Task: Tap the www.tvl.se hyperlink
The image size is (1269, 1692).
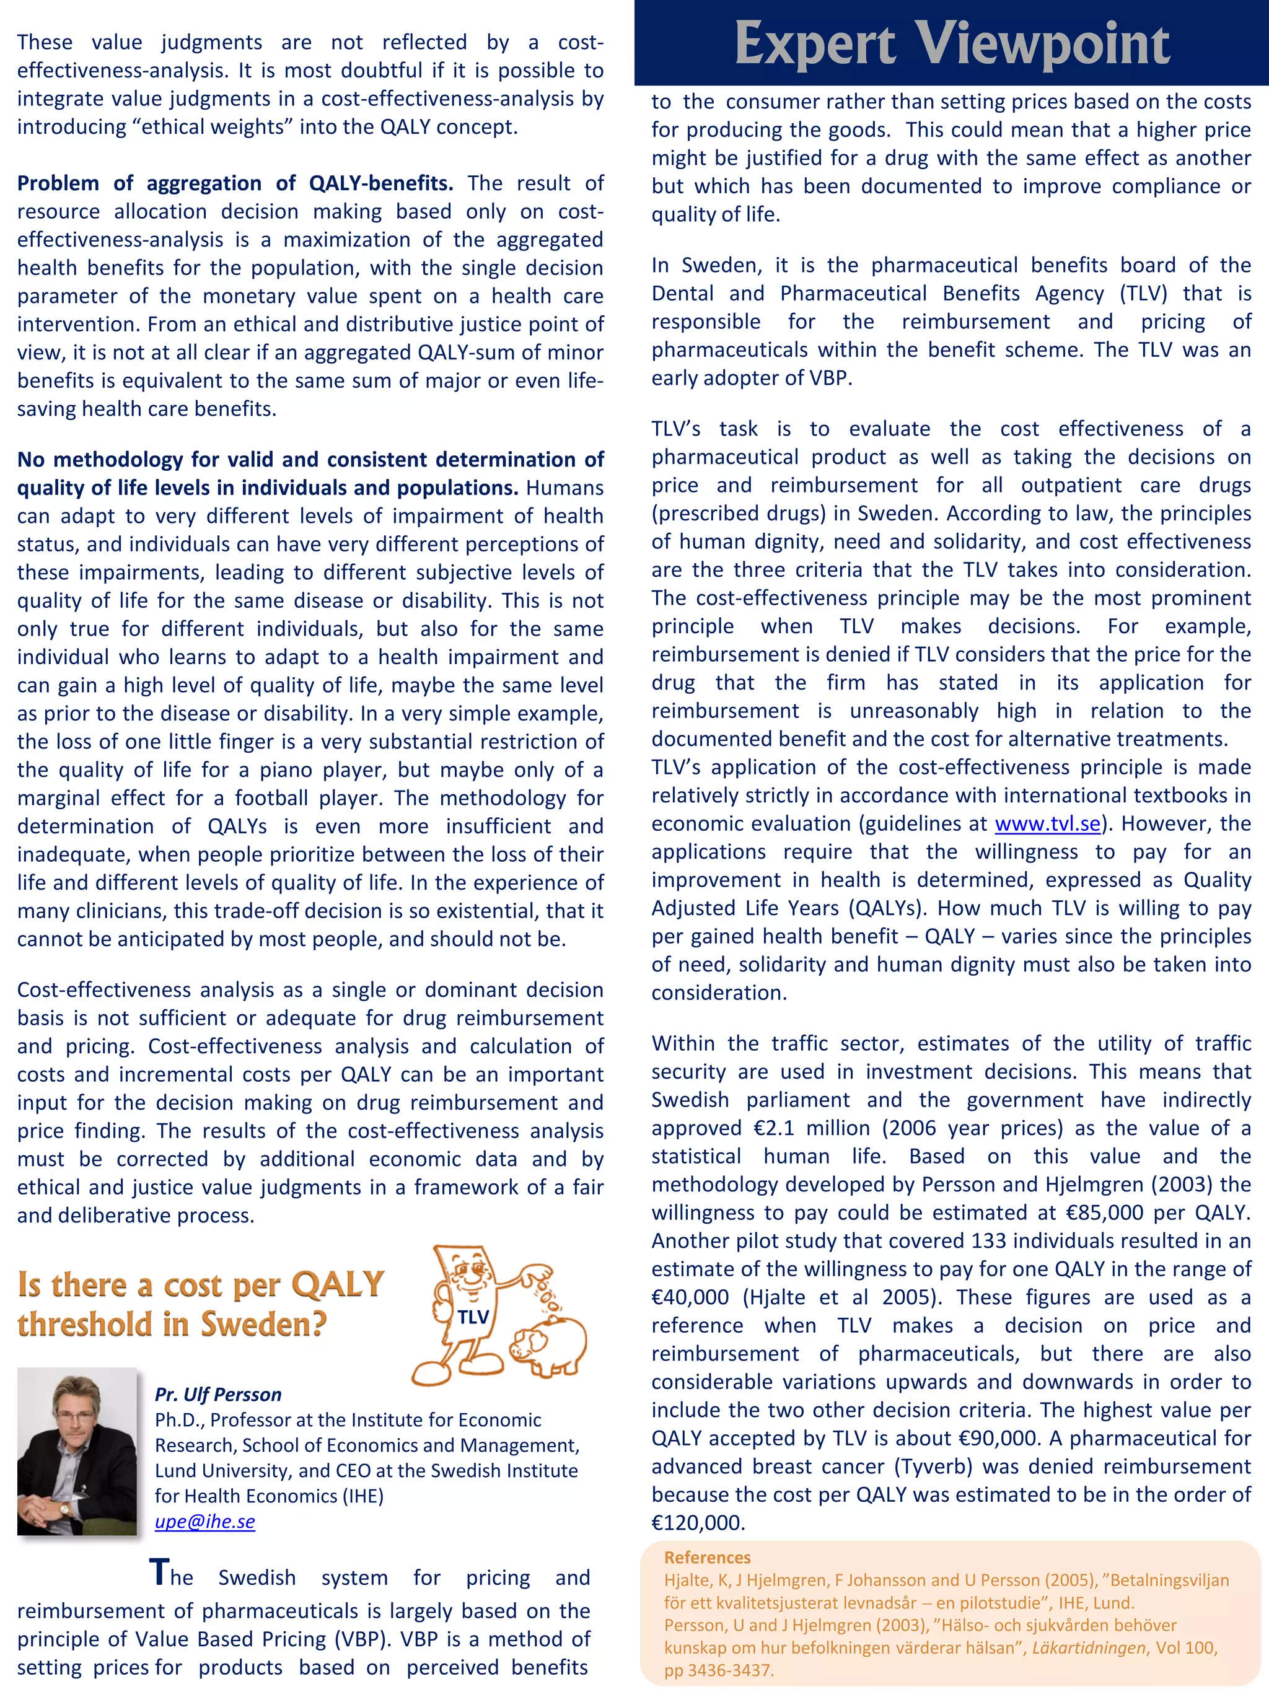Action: tap(1047, 824)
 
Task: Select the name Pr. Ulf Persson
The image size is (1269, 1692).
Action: tap(218, 1395)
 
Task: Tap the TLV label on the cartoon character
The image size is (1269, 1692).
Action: tap(473, 1317)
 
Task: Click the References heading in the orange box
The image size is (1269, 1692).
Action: tap(707, 1558)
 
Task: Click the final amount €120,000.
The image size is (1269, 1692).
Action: tap(698, 1523)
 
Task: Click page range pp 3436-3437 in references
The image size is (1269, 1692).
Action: tap(718, 1670)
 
